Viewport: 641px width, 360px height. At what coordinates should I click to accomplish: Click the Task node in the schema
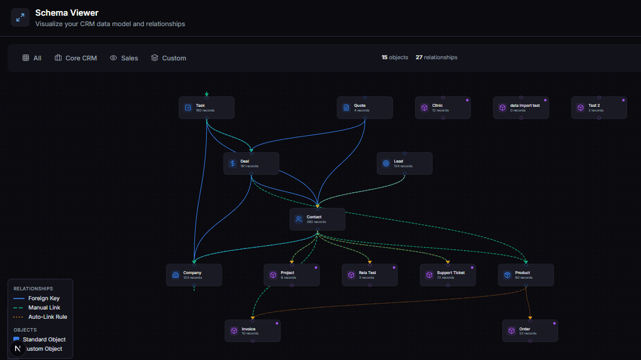click(206, 107)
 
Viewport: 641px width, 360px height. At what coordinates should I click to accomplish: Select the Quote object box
click(365, 107)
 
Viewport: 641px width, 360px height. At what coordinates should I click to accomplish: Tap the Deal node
click(251, 163)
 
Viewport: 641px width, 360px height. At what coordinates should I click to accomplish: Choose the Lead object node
click(404, 163)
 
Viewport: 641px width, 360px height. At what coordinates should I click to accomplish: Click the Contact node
click(317, 219)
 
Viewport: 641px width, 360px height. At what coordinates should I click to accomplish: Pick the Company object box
click(194, 275)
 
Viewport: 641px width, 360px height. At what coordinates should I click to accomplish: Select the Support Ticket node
click(448, 275)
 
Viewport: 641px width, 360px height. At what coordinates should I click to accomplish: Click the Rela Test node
click(369, 275)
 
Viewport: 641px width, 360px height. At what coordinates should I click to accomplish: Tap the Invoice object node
click(253, 330)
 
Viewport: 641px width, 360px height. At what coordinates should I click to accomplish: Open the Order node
click(530, 330)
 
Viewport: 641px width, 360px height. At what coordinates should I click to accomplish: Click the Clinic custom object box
click(442, 107)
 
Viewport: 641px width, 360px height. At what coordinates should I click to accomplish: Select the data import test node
click(521, 107)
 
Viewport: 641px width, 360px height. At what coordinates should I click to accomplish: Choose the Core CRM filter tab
click(76, 58)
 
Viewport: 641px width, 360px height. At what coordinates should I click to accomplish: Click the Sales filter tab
click(124, 58)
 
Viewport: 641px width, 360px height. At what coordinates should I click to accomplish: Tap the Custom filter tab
click(168, 58)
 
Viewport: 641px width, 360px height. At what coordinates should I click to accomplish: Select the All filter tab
click(32, 58)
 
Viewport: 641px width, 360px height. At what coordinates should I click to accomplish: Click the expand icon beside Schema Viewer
click(20, 17)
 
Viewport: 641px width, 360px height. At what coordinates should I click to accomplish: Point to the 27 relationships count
click(437, 57)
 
